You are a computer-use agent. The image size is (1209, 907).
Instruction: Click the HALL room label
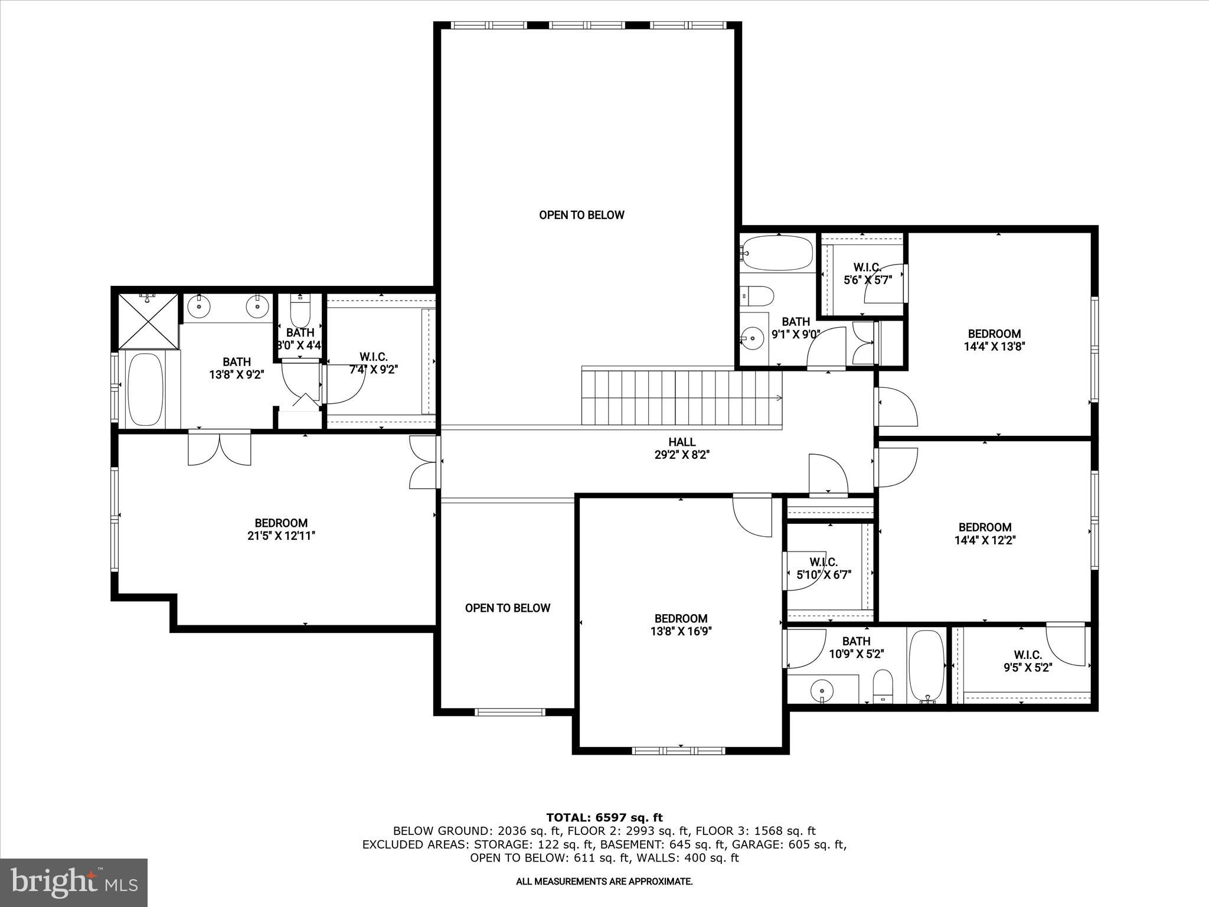682,442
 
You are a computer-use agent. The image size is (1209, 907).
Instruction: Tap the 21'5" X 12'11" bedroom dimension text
281,536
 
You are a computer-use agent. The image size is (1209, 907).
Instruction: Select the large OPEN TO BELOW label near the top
581,215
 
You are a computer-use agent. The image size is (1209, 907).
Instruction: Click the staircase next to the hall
682,397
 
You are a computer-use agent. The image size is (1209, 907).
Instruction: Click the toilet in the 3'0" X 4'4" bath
300,310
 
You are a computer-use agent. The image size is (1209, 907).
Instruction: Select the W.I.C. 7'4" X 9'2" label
373,364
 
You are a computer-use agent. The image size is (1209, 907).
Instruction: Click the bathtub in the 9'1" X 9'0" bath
778,254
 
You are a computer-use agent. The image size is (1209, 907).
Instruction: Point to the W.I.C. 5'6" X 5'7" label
867,274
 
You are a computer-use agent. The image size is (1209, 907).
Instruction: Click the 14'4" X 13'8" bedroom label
994,340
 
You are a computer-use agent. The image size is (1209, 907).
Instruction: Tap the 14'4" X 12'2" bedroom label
985,534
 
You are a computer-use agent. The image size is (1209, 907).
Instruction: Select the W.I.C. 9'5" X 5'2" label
1028,661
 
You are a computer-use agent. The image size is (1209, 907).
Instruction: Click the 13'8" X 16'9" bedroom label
681,625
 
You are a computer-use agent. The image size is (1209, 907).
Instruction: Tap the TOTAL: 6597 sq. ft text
604,818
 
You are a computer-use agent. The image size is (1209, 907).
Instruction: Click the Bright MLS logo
74,882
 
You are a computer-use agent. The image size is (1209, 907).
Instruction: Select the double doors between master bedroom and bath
220,449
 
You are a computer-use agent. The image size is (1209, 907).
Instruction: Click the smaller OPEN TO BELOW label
507,608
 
